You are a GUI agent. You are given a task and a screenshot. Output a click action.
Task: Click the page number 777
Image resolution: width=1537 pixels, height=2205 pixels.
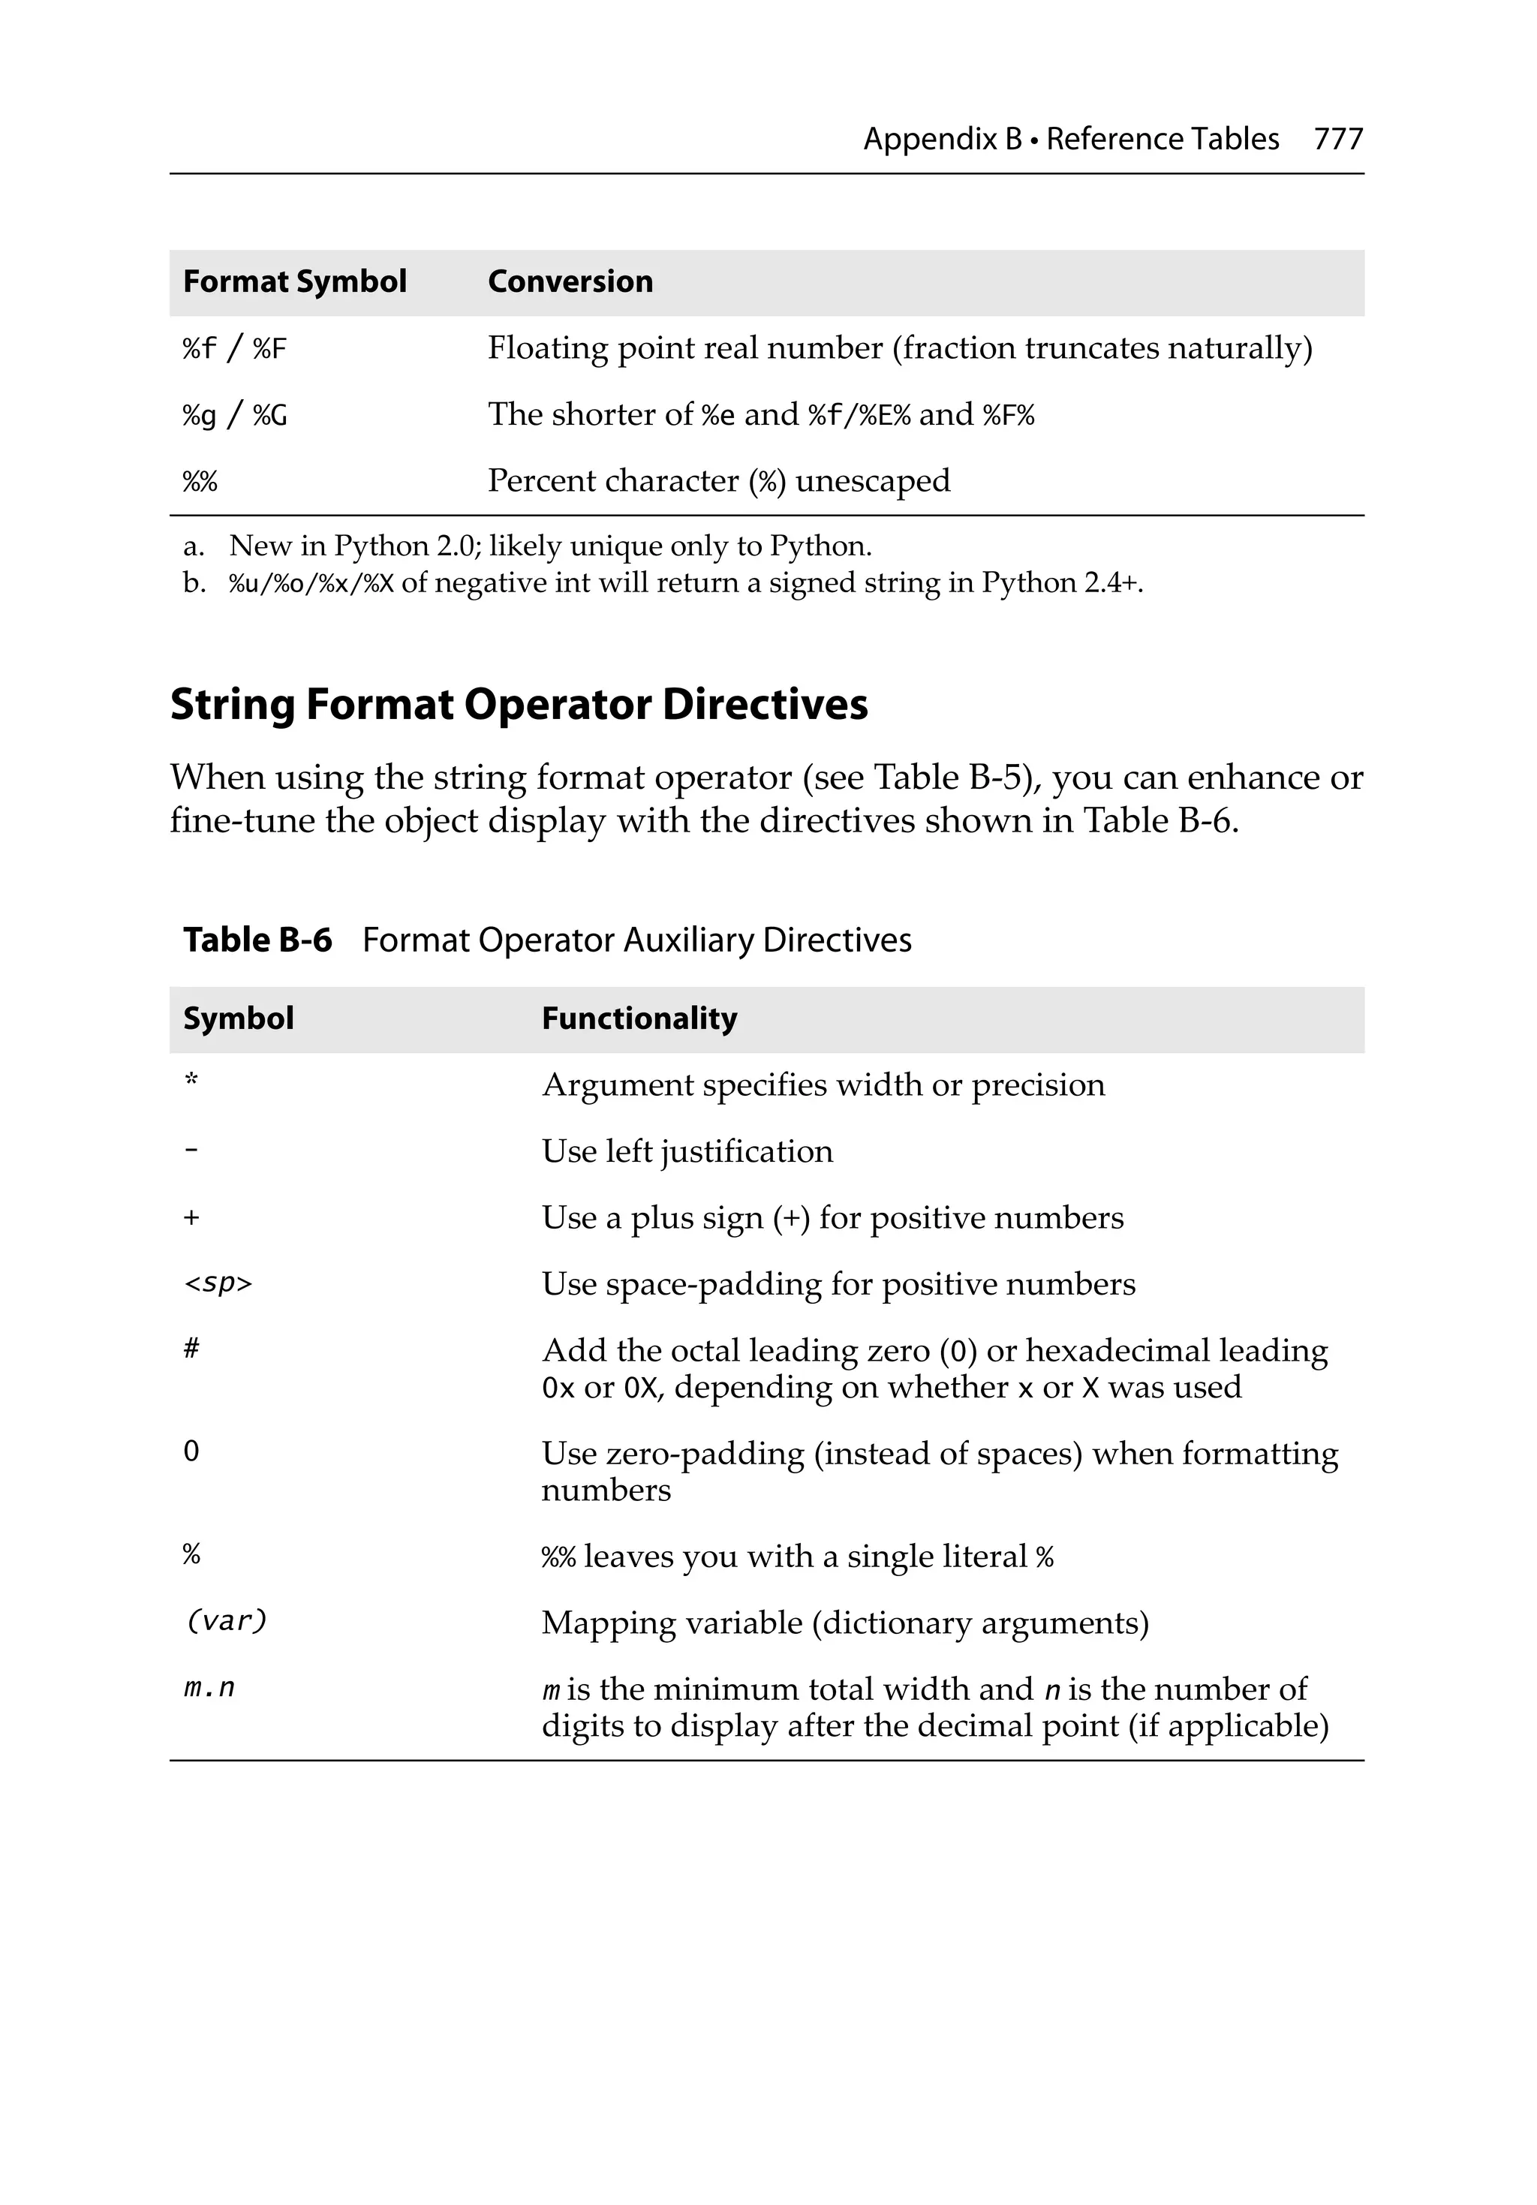(x=1337, y=140)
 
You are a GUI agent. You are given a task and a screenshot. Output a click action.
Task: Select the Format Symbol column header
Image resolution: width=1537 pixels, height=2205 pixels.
(x=294, y=281)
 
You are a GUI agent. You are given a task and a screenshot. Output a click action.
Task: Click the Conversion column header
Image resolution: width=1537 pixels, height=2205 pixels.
(x=570, y=281)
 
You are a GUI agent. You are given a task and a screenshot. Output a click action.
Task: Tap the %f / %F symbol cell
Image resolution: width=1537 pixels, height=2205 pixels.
(x=234, y=347)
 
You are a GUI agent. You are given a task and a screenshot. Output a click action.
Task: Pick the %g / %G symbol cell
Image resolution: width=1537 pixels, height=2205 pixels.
(x=234, y=415)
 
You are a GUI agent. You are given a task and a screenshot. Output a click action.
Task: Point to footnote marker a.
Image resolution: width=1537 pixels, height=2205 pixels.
(x=193, y=546)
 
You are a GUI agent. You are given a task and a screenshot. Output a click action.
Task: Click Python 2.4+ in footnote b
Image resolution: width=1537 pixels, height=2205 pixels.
(x=1060, y=583)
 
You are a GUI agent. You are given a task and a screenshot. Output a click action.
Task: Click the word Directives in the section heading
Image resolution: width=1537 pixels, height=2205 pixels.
(x=765, y=704)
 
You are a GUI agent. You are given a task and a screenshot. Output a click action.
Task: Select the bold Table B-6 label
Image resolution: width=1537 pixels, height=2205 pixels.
(x=257, y=939)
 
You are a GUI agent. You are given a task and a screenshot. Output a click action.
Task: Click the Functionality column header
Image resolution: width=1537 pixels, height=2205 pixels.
(x=639, y=1018)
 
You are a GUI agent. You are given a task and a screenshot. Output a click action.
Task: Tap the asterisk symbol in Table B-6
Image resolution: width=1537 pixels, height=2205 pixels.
(x=191, y=1081)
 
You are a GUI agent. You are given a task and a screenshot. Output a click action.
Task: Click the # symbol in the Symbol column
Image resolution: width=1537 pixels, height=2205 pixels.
(x=191, y=1349)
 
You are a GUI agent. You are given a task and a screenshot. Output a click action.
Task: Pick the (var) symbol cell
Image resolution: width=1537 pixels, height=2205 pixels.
(x=225, y=1621)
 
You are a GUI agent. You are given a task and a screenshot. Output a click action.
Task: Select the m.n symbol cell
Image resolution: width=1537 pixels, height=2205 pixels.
(x=209, y=1687)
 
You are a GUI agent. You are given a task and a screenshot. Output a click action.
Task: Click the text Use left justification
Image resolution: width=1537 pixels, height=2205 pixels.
(x=687, y=1151)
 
